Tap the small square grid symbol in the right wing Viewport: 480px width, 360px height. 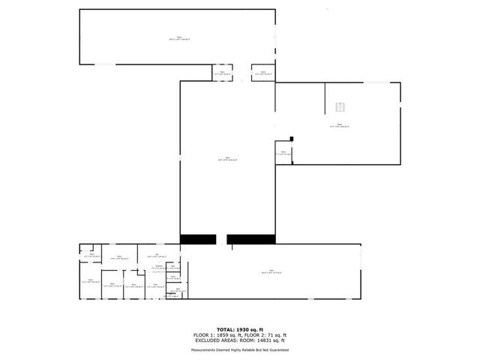point(340,106)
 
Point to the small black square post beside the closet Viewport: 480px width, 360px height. point(292,137)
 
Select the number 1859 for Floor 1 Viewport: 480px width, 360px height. point(224,334)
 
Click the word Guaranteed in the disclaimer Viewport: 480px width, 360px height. point(279,349)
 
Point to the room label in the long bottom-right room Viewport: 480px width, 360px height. point(270,272)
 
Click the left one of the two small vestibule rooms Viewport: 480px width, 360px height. point(222,73)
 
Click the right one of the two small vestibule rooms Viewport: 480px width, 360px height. point(262,73)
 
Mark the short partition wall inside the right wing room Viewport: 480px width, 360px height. point(325,98)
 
